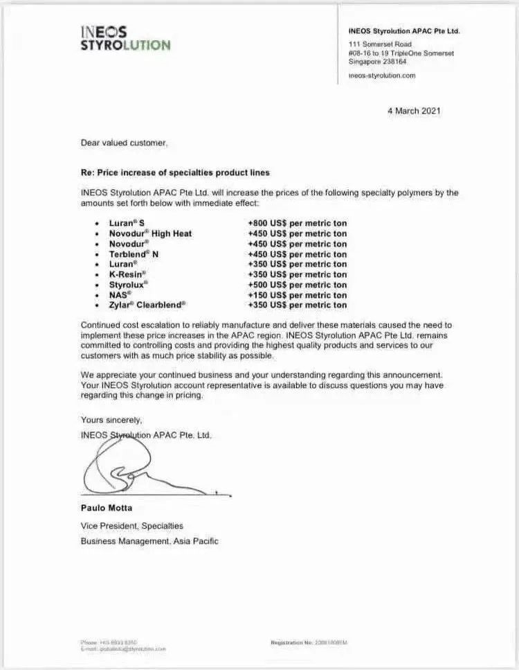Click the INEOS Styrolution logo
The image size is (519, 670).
coord(125,38)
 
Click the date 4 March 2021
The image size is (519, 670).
coord(414,111)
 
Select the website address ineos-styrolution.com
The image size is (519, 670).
coord(383,76)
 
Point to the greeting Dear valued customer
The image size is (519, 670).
coord(124,143)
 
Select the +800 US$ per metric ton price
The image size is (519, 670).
coord(297,223)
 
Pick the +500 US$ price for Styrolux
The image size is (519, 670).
coord(297,285)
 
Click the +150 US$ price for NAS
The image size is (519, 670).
coord(297,294)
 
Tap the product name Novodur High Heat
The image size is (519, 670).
coord(150,233)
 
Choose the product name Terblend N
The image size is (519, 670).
coord(134,254)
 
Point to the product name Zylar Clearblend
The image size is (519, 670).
coord(147,305)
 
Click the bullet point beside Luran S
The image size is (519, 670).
coord(95,224)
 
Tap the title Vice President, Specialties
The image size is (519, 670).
coord(132,526)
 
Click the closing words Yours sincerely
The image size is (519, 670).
coord(111,420)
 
